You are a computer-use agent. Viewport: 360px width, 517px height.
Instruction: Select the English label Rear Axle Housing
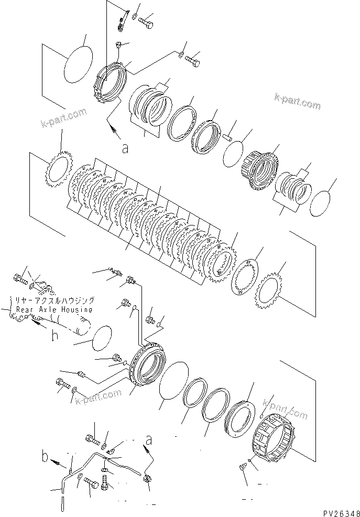(x=50, y=309)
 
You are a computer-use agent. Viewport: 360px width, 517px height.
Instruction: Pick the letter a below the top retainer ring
(x=125, y=149)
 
